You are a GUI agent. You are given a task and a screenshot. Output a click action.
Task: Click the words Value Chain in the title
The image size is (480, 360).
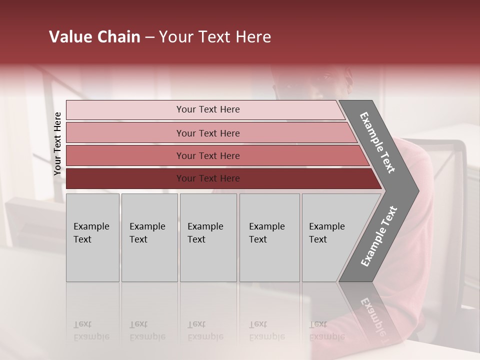[x=94, y=37]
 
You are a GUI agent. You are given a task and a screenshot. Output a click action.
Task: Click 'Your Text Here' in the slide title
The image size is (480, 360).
[x=215, y=37]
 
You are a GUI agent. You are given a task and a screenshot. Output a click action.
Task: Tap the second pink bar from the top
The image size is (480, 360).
[x=208, y=133]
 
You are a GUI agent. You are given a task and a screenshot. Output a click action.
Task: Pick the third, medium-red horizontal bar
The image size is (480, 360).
[x=208, y=155]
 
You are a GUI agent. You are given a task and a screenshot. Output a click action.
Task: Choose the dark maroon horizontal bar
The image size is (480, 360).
[x=208, y=178]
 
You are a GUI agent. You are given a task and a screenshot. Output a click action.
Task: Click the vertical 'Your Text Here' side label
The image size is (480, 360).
[x=57, y=144]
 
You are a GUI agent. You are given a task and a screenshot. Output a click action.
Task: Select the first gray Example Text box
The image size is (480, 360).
[x=92, y=237]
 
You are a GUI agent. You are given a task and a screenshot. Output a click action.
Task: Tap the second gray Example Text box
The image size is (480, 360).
[x=149, y=237]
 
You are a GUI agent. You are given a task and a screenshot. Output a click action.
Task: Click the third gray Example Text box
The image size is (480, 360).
[x=208, y=237]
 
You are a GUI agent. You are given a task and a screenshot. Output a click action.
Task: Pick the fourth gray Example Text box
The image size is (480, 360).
[x=269, y=237]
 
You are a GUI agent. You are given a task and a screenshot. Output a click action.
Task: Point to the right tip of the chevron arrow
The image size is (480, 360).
[x=417, y=191]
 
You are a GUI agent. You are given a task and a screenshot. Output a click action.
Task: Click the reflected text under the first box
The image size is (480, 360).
[x=91, y=330]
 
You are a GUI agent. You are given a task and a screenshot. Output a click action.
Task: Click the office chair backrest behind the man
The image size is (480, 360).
[x=450, y=160]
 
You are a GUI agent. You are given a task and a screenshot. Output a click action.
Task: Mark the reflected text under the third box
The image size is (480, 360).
[x=205, y=330]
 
